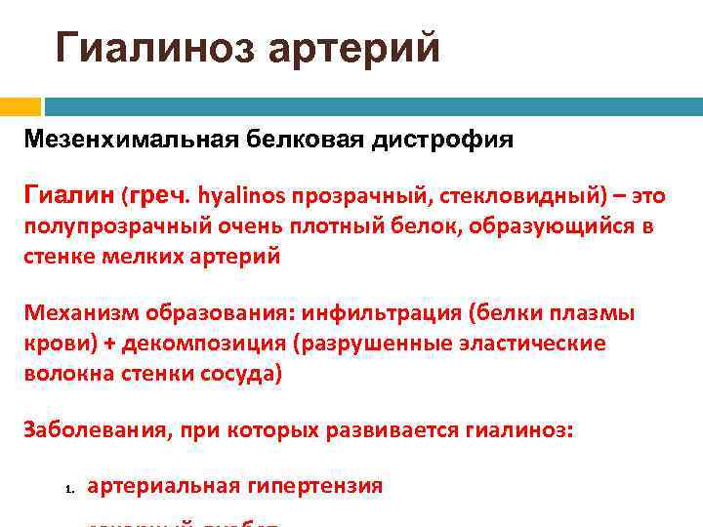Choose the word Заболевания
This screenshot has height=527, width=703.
tap(90, 430)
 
